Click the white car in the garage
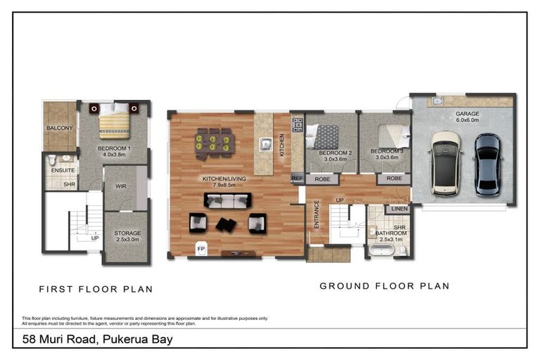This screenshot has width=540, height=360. tap(445, 162)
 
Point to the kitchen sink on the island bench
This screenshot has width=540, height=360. tap(266, 146)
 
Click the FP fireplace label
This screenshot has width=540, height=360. tap(201, 248)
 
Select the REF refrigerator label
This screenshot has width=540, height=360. tap(297, 179)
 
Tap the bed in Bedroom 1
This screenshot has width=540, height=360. tap(114, 121)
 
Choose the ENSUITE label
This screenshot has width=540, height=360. tap(60, 169)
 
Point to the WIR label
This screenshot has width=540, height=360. tap(119, 187)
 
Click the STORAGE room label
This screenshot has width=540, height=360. tap(128, 233)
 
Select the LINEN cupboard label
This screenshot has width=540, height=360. tap(399, 209)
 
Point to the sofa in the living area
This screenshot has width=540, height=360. tap(227, 201)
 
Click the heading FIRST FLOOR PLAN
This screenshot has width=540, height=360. tap(96, 289)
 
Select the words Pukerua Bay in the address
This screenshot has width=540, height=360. tap(138, 340)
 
